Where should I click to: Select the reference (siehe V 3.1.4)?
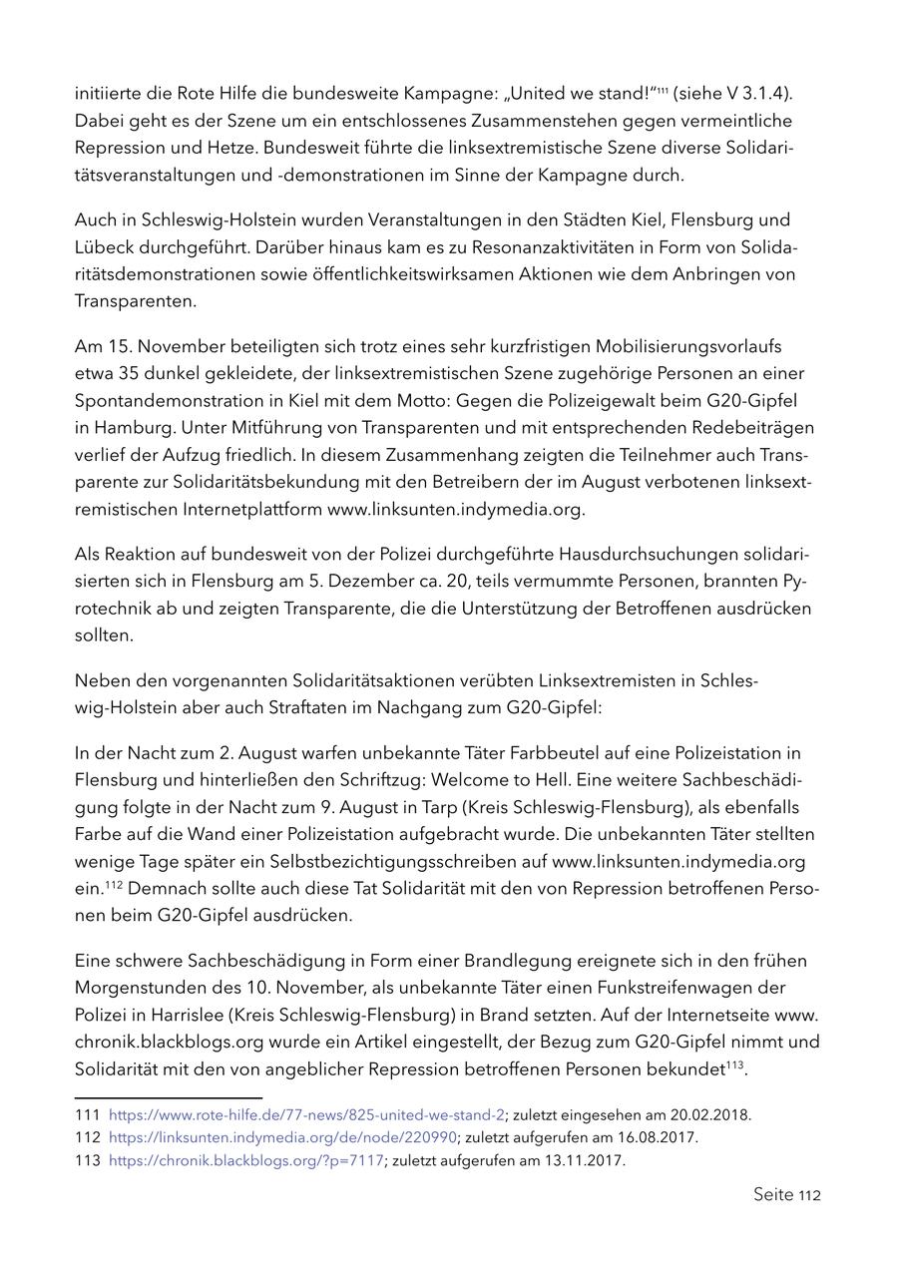point(733,94)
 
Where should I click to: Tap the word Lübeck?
point(107,246)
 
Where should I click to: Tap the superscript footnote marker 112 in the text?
point(116,884)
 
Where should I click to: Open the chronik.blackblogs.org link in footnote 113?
point(245,1161)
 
